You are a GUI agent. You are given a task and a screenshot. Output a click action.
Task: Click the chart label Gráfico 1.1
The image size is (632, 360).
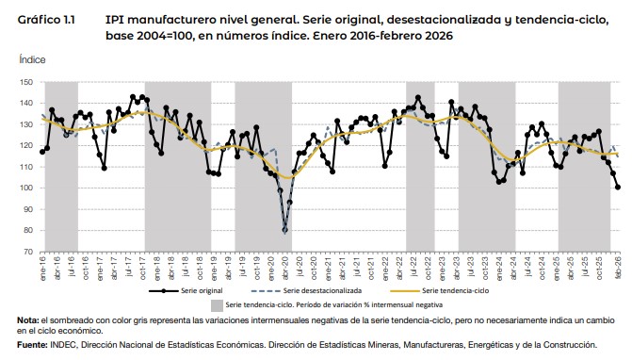click(46, 18)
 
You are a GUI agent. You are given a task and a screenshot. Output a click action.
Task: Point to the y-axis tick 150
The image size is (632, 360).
click(25, 83)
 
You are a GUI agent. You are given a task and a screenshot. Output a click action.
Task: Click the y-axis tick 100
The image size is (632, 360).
click(25, 188)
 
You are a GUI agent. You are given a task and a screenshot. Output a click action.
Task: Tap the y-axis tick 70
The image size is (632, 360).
click(27, 252)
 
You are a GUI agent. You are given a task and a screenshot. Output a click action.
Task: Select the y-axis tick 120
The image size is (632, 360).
click(25, 146)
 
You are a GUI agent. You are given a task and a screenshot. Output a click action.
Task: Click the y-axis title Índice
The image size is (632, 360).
click(31, 58)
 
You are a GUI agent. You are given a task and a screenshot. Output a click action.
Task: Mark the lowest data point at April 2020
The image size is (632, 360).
click(284, 230)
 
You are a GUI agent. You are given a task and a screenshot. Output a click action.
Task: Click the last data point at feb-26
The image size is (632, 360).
click(618, 187)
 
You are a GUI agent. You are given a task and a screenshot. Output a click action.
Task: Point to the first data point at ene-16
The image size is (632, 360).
click(42, 151)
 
